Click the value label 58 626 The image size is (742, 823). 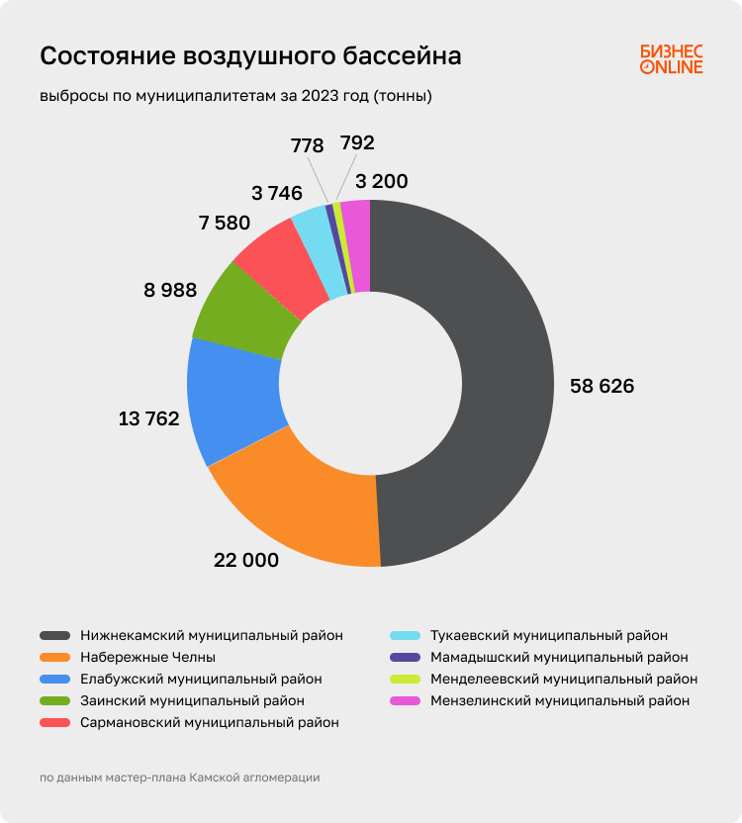point(602,386)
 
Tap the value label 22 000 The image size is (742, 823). point(246,560)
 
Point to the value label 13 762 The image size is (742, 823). point(148,418)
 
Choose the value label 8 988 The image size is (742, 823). point(170,290)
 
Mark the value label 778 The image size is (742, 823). point(307,145)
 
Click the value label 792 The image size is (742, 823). point(357,142)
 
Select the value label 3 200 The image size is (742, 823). point(381,181)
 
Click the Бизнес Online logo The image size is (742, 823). point(671,58)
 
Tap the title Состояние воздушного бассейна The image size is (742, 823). point(250,56)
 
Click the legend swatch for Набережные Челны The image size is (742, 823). point(54,657)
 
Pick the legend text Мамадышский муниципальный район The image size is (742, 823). point(559,657)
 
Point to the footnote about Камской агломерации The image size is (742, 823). point(180,777)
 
